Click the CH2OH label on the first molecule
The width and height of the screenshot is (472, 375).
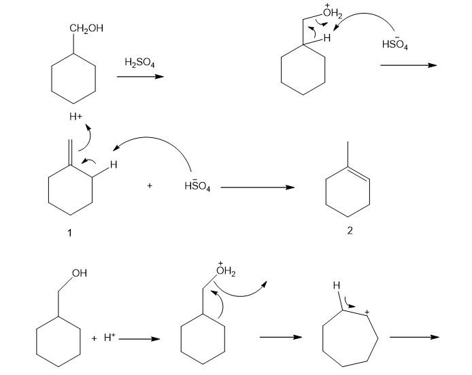87,28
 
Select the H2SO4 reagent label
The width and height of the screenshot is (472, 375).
140,63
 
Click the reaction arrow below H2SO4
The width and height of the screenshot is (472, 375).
140,77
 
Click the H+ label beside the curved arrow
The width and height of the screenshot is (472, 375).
75,117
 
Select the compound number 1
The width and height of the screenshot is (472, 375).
69,232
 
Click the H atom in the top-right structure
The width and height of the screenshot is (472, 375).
327,39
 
